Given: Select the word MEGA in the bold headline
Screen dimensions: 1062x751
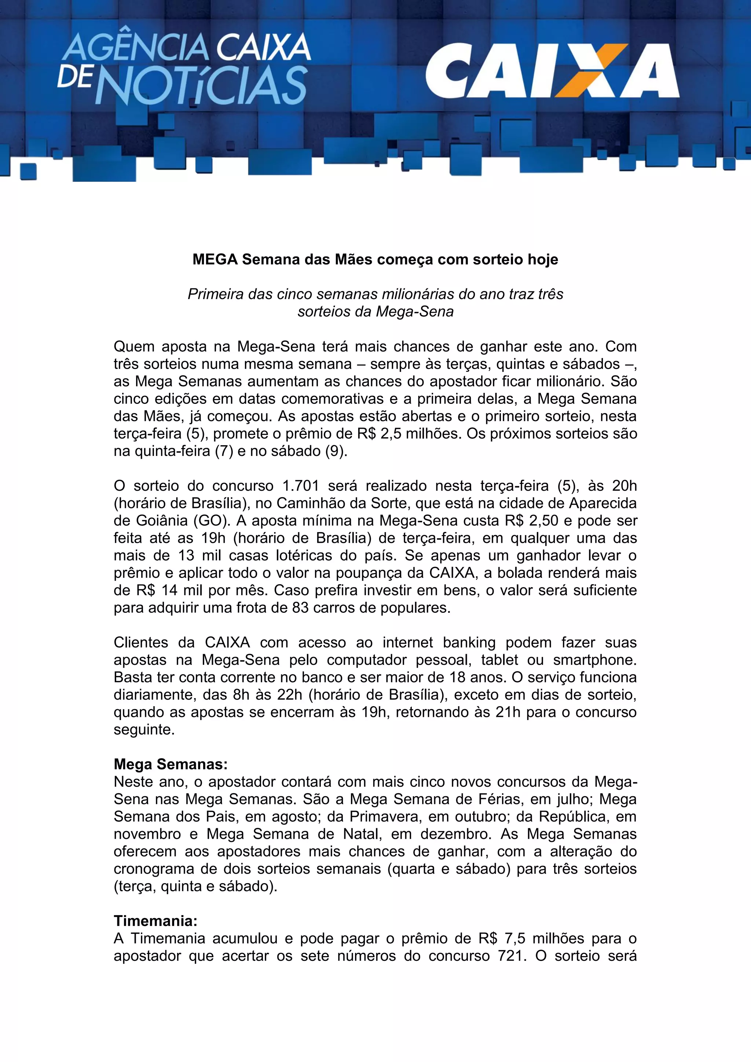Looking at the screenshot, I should point(215,259).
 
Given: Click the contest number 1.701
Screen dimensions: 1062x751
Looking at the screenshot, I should point(300,486).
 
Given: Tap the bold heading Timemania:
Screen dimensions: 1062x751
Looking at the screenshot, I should point(156,921).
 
